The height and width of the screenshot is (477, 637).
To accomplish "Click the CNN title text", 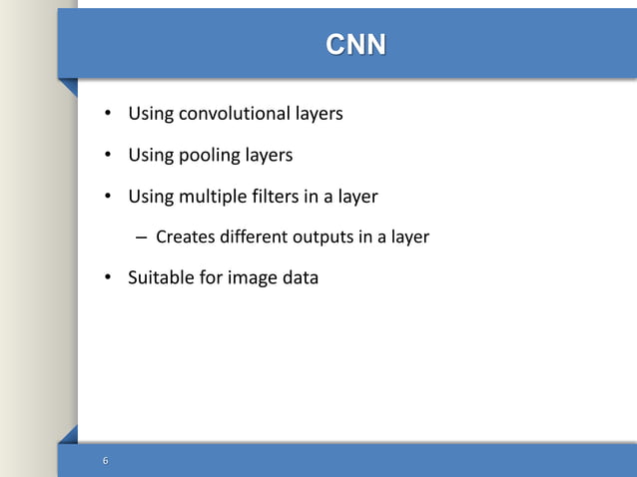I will tap(355, 45).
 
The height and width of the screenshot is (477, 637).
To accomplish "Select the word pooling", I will tap(207, 156).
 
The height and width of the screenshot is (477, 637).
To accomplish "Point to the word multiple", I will tap(211, 197).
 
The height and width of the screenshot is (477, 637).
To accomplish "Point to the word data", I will tap(301, 278).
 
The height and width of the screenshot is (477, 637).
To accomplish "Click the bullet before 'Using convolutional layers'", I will tap(110, 115).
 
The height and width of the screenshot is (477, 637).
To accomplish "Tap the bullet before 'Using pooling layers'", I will tap(110, 156).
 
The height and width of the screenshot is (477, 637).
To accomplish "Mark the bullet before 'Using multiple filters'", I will tap(110, 198).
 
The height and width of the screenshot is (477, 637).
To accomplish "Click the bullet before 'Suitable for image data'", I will tap(110, 278).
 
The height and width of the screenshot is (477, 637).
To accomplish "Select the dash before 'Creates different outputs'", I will tap(141, 238).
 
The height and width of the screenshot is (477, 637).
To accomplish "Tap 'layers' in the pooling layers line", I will tap(272, 156).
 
